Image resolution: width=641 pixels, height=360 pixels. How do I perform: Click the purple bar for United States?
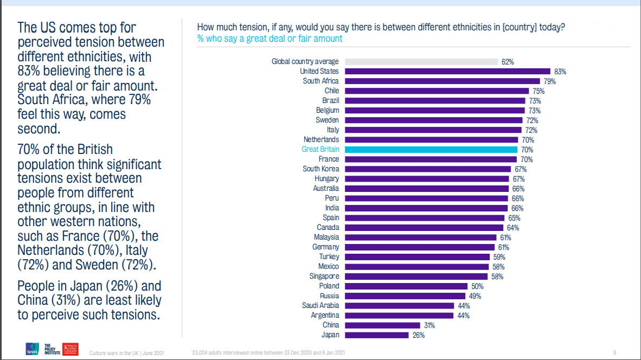(447, 71)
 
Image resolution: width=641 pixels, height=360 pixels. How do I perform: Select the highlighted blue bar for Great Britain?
(431, 149)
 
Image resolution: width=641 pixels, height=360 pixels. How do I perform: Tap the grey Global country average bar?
(421, 61)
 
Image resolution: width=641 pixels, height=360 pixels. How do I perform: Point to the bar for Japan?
(376, 335)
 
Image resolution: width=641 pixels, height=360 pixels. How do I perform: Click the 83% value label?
(560, 72)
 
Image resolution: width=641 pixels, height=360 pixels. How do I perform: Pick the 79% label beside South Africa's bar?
(550, 81)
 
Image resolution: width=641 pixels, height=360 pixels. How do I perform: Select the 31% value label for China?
(429, 325)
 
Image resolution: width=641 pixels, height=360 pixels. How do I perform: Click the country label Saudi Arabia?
(320, 305)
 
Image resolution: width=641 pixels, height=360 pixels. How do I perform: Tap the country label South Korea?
(320, 169)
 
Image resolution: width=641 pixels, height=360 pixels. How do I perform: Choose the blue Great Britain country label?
(320, 149)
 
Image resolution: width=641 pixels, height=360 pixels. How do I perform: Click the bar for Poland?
(406, 286)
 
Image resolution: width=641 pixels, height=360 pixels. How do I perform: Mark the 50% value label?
(477, 286)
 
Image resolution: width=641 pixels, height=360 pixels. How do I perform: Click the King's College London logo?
(71, 349)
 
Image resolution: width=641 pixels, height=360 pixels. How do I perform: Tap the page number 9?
(614, 352)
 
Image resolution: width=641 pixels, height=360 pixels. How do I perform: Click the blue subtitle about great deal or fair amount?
(270, 38)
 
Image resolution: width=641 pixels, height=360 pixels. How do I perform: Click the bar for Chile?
(437, 91)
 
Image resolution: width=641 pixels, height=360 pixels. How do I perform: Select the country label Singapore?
(324, 276)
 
